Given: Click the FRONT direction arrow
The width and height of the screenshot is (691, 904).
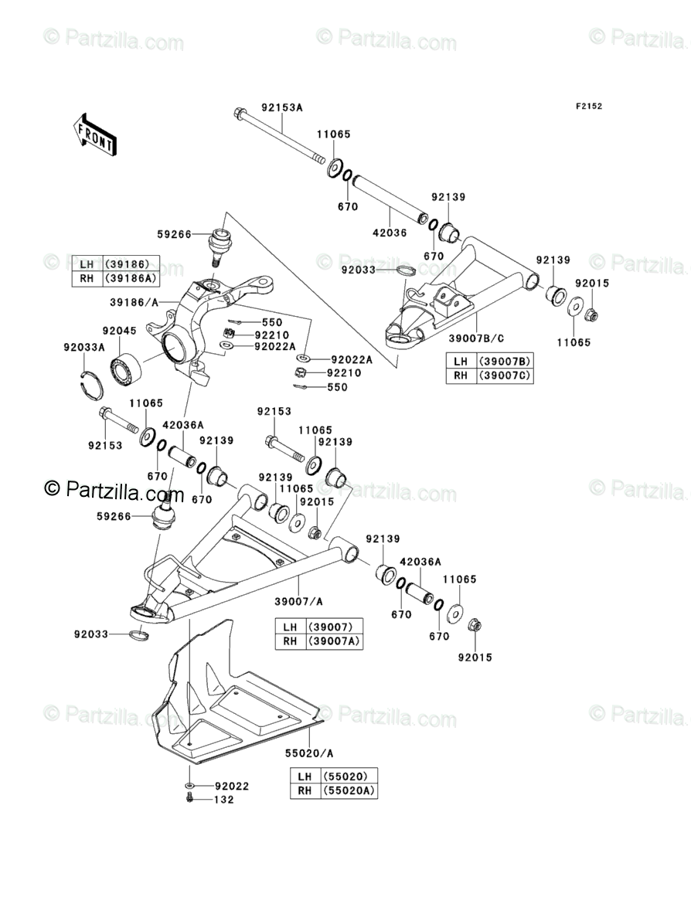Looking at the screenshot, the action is click(95, 134).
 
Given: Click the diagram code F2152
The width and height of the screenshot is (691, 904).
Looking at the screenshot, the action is click(588, 106).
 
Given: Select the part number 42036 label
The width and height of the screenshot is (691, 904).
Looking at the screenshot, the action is click(390, 233).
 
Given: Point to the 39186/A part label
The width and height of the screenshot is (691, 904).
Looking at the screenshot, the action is click(134, 301).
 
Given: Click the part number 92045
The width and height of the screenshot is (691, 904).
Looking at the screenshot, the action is click(119, 331).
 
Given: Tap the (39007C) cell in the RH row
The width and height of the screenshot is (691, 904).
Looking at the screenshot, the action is click(503, 376).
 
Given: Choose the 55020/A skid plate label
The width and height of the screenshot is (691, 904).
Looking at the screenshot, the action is click(309, 753).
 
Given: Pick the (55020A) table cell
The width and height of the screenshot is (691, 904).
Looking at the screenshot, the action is click(349, 790).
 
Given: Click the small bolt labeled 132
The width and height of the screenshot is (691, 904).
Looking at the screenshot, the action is click(190, 798).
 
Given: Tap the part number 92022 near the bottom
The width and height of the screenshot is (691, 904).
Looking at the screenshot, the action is click(232, 786).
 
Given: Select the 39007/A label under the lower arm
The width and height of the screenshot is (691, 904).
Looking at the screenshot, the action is click(298, 601).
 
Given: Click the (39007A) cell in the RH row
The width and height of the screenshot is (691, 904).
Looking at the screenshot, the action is click(335, 641).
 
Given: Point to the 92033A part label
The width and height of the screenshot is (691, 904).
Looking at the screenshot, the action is click(83, 347).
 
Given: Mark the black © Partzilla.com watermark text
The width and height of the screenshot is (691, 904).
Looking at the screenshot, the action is click(114, 491).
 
